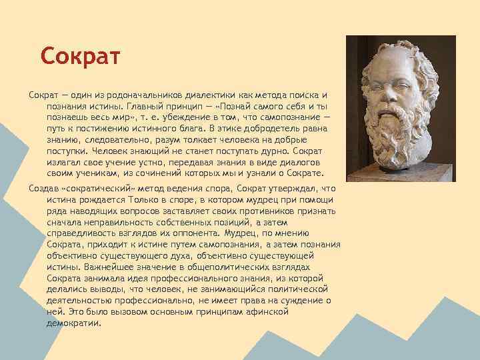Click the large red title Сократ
[x=79, y=55]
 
